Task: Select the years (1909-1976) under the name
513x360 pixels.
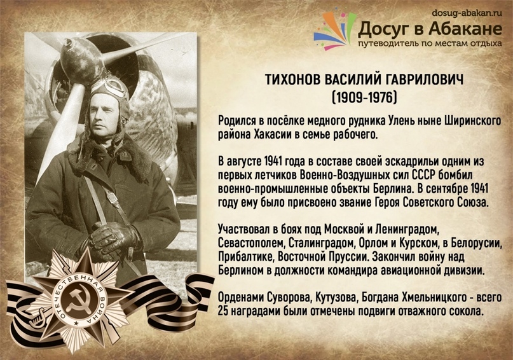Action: [364, 97]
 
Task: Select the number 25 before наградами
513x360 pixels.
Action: [222, 311]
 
